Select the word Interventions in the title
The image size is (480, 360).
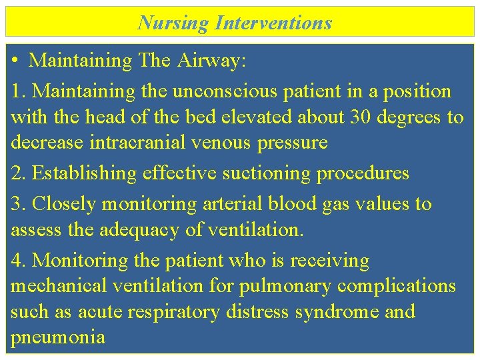tap(273, 23)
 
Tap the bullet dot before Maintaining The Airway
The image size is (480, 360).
tap(15, 61)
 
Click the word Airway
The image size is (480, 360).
tap(212, 61)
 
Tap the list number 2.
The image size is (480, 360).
tap(19, 173)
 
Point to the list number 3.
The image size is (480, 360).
tap(19, 203)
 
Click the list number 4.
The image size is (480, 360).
tap(19, 260)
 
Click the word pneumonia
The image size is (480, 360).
tap(58, 337)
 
